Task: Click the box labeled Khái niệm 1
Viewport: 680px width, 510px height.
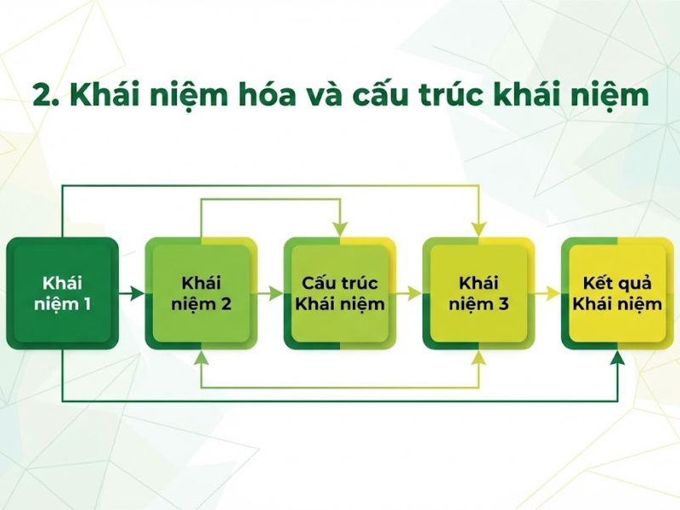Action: point(62,293)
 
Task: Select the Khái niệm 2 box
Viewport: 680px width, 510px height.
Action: point(201,293)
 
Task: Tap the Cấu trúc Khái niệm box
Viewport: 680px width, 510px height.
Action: point(340,293)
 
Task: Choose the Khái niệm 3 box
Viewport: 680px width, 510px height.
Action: point(479,293)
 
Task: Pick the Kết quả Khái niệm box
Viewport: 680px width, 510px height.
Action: point(618,293)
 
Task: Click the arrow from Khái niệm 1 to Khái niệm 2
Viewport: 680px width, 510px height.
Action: point(132,293)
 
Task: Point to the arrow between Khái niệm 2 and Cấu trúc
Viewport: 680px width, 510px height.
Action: point(270,293)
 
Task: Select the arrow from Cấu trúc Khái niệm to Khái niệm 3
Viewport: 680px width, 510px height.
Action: point(410,293)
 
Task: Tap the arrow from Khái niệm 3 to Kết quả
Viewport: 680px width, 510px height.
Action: point(548,293)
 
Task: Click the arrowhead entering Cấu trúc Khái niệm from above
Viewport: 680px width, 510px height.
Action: point(340,229)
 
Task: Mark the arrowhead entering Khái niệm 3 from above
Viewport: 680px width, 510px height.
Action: point(479,229)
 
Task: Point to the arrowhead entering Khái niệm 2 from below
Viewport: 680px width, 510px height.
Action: point(201,357)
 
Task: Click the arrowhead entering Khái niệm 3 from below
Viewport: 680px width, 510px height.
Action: point(479,357)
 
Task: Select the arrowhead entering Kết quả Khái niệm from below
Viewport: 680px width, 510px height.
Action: point(618,357)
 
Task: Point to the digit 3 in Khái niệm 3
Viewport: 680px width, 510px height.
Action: point(503,303)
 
